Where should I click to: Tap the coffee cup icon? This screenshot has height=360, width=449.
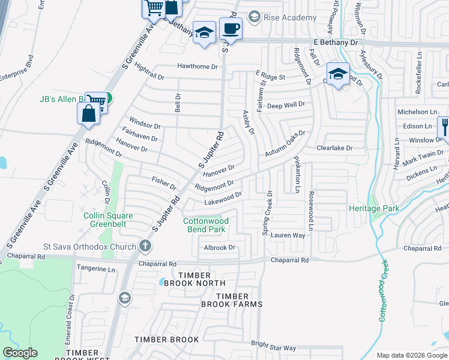(230, 28)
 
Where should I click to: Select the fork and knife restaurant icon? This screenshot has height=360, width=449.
(445, 127)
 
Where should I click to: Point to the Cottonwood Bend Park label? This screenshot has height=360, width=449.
(206, 225)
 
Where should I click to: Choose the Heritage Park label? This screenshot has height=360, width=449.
(374, 208)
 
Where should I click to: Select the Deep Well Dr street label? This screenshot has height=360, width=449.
(286, 104)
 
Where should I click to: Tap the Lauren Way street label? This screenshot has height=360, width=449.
(288, 235)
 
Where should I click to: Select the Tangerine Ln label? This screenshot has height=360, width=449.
(95, 269)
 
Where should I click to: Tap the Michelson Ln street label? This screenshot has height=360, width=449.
(417, 112)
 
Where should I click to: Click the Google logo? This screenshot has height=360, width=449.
(20, 353)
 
